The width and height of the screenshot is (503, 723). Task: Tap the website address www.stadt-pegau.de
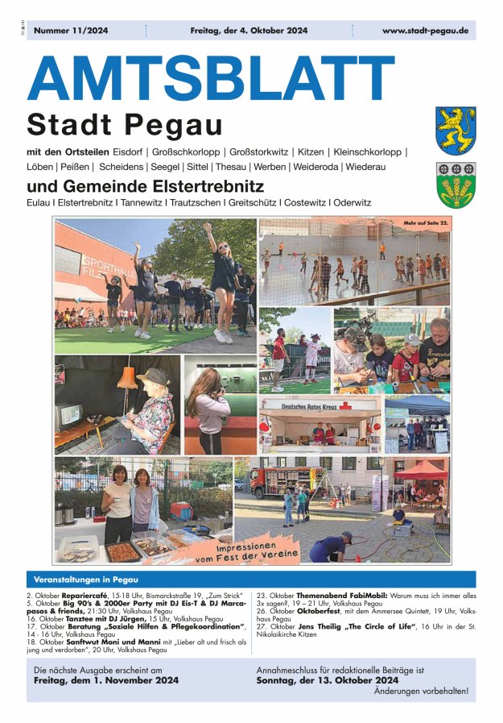click(425, 31)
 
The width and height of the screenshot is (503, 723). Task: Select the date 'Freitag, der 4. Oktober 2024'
click(249, 31)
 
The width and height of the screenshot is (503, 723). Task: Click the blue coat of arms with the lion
click(456, 131)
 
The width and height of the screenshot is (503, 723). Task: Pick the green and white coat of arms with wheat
click(456, 185)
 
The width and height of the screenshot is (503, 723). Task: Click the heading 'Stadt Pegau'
click(125, 125)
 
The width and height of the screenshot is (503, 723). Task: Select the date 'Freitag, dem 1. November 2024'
click(106, 680)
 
